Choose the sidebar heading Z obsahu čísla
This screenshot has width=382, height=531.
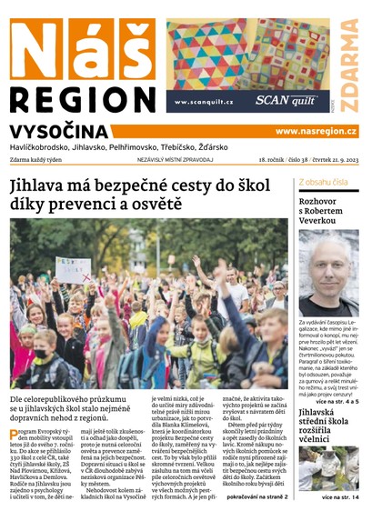coord(323,182)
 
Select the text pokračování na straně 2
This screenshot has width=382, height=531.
coord(256,523)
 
